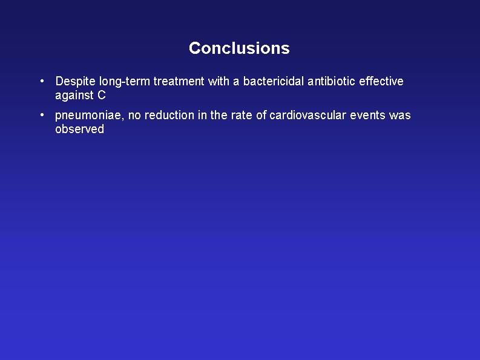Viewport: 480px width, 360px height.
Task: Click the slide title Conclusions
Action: point(239,48)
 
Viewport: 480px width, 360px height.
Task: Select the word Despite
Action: point(75,82)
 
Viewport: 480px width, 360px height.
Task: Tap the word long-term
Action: point(125,82)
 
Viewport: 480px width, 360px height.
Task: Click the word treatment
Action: point(179,82)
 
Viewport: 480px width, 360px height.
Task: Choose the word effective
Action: point(381,81)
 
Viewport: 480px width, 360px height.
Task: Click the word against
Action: point(74,96)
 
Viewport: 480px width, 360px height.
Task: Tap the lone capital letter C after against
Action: point(102,95)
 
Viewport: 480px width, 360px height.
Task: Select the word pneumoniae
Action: point(90,116)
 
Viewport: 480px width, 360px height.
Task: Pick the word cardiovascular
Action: point(307,115)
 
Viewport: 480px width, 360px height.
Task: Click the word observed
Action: point(79,129)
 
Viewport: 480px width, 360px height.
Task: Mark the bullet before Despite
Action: point(42,82)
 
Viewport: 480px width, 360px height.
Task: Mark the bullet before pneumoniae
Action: point(42,116)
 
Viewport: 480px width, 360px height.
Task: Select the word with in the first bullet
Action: point(219,81)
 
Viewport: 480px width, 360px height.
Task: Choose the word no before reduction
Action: point(134,116)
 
